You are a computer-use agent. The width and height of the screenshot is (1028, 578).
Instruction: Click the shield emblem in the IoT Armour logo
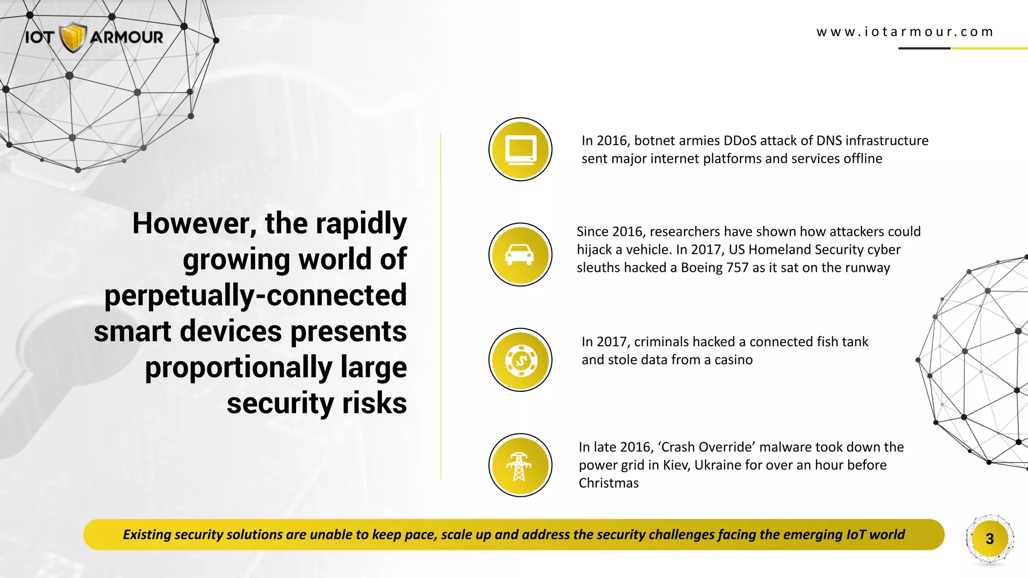pos(73,38)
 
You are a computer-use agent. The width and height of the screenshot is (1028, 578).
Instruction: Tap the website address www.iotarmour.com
pos(905,32)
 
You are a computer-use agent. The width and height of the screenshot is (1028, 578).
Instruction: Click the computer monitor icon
pos(521,150)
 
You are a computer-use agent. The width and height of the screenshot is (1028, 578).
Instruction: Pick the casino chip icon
pos(521,360)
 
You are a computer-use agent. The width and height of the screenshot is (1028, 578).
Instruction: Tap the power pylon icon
pos(520,466)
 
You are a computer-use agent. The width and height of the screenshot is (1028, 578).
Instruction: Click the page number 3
pos(989,539)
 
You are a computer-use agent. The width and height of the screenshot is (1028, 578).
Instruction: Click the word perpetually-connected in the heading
pos(255,295)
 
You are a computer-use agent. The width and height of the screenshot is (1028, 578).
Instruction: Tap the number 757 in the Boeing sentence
pos(737,267)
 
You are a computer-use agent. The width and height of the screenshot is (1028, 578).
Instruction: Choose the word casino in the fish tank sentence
pos(733,360)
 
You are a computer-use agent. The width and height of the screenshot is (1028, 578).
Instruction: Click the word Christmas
pos(608,483)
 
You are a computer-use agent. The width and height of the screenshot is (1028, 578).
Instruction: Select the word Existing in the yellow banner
pos(147,535)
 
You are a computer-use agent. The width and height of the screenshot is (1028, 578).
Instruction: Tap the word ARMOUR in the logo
pos(127,37)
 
